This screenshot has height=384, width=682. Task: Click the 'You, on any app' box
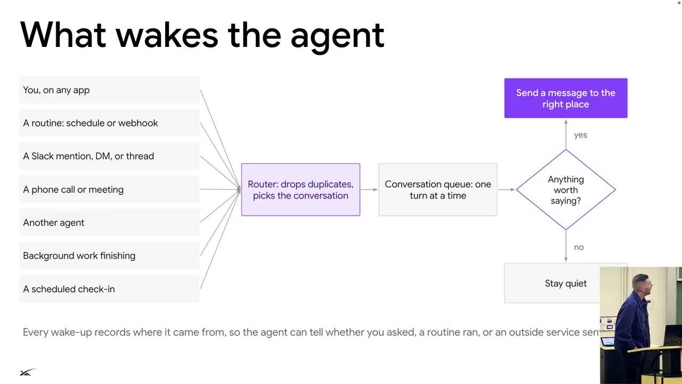point(110,90)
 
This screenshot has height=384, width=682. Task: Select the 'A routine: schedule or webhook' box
point(110,123)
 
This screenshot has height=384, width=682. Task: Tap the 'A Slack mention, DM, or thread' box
point(110,156)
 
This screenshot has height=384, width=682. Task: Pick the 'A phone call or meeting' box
point(110,189)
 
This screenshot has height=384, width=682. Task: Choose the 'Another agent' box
point(110,222)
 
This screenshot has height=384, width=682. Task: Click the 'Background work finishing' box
point(110,255)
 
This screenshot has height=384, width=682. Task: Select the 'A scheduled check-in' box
point(110,289)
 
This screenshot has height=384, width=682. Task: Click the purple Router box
point(301,189)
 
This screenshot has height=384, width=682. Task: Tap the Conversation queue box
point(438,189)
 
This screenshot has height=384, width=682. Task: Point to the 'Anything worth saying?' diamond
point(566,189)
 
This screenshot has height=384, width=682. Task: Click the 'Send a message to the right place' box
point(566,98)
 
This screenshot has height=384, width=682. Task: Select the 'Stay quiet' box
point(552,283)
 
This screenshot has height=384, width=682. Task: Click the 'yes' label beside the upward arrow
point(580,135)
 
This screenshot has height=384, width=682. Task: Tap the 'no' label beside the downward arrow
point(579,247)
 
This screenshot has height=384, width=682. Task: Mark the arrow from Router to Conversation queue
point(369,189)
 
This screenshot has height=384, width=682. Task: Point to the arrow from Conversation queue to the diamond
point(507,189)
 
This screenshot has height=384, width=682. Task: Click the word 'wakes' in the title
point(167,35)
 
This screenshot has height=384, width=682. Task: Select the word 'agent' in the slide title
point(337,38)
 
